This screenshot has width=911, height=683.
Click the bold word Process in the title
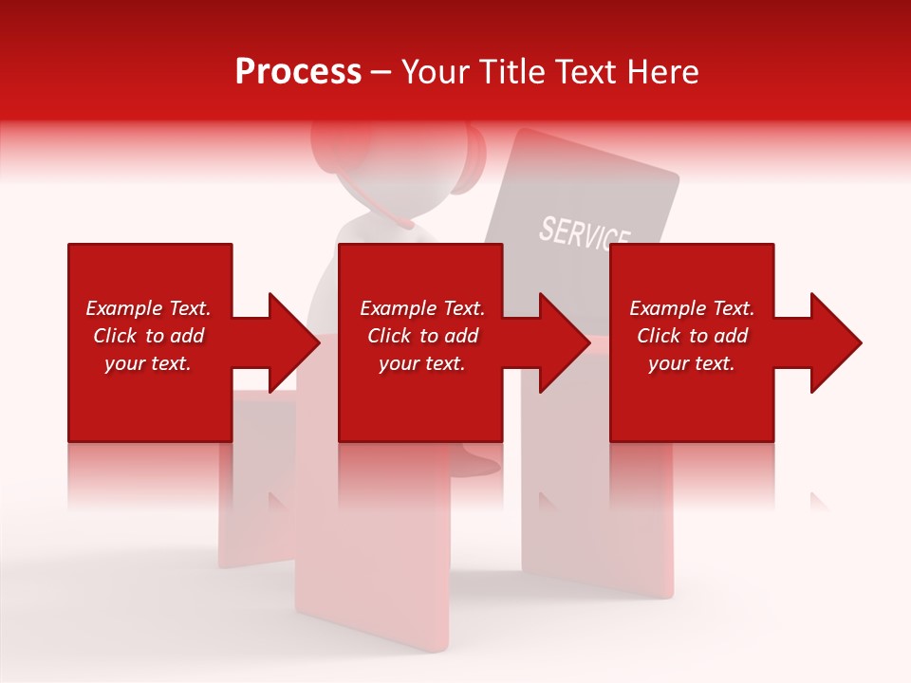(x=298, y=72)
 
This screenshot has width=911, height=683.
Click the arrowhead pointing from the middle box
(x=562, y=342)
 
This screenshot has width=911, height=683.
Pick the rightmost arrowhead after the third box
(x=833, y=342)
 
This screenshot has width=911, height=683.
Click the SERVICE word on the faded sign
(x=585, y=234)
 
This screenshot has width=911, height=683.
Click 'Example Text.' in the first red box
(x=148, y=308)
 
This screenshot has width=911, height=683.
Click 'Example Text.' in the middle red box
(x=422, y=308)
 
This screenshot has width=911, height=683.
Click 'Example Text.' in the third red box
(x=692, y=308)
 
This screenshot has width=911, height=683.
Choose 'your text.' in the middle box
(x=421, y=363)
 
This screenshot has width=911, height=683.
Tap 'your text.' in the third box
(x=691, y=363)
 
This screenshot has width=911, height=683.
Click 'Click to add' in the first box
(x=148, y=336)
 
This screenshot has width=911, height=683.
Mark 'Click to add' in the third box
(x=692, y=336)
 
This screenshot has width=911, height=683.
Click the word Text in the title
(x=581, y=72)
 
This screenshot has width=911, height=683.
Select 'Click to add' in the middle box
(x=422, y=336)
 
